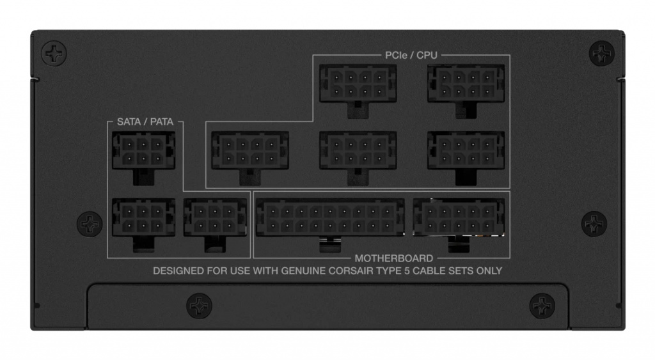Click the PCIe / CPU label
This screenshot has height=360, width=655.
point(411,55)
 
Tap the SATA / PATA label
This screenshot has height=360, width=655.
point(145,121)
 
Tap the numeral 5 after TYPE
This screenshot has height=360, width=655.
point(406,270)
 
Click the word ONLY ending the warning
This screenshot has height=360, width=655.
point(489,270)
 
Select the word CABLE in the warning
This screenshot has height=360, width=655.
point(429,270)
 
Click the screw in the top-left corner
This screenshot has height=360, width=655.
point(54,54)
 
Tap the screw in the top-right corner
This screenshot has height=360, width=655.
point(601,54)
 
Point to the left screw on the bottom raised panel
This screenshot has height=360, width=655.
point(199,305)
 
